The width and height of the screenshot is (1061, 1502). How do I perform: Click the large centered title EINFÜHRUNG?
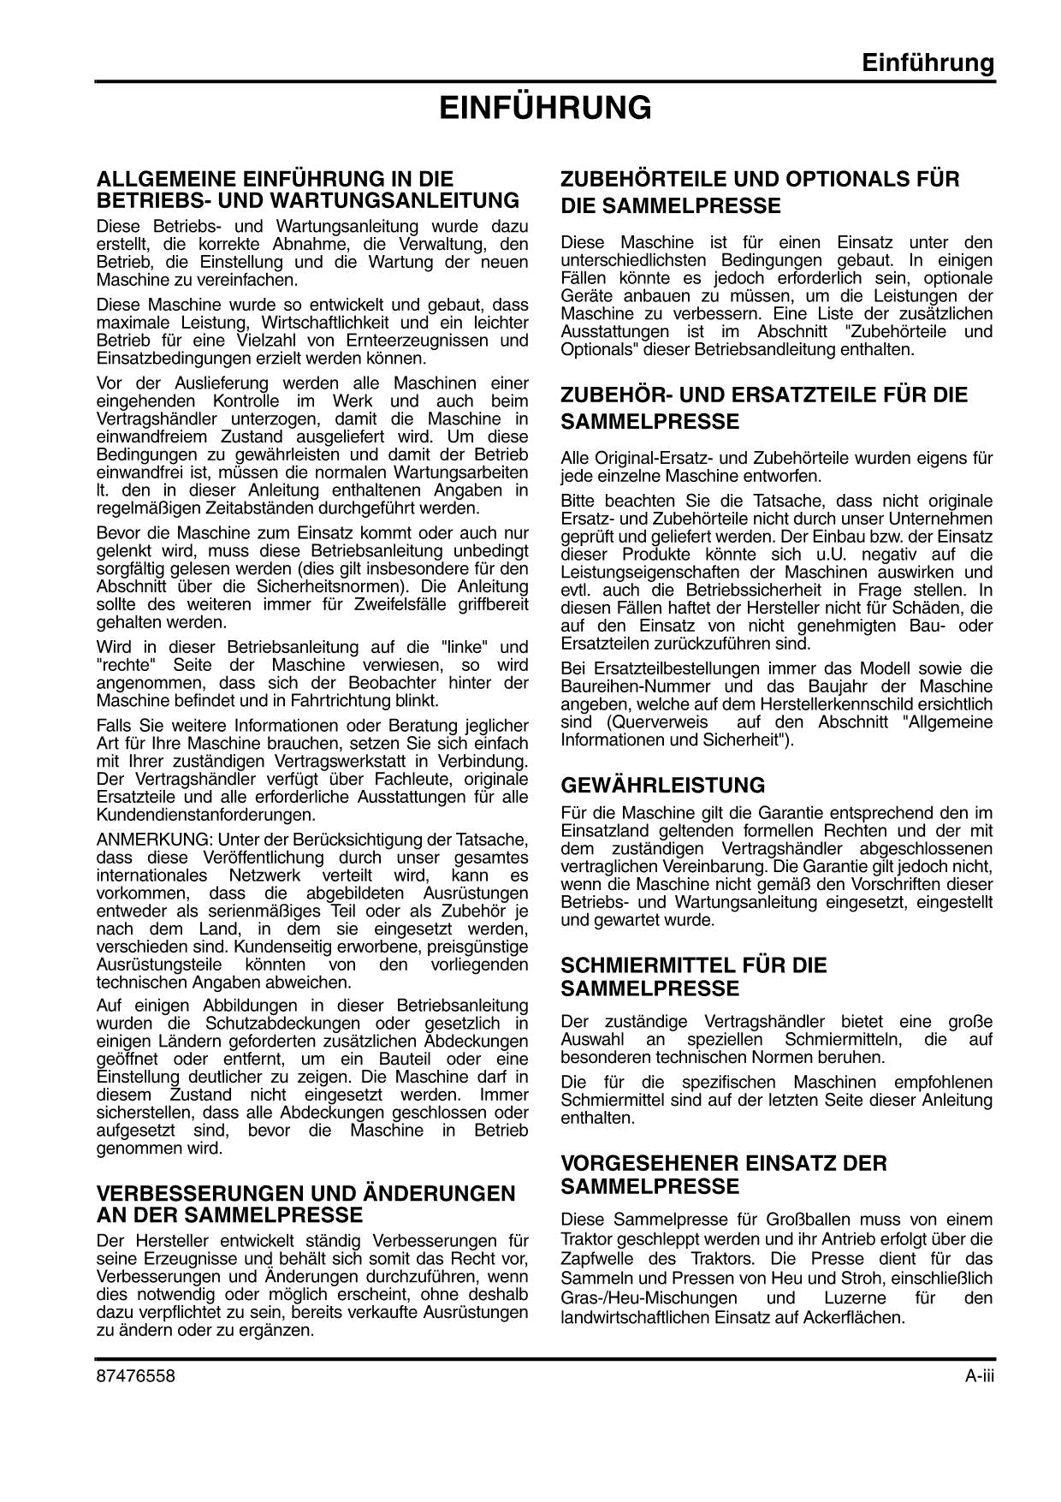(545, 109)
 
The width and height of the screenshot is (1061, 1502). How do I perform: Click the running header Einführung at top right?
(928, 63)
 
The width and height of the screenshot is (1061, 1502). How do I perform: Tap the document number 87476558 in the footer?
(135, 1375)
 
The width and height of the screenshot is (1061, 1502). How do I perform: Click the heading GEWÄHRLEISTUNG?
(662, 785)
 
